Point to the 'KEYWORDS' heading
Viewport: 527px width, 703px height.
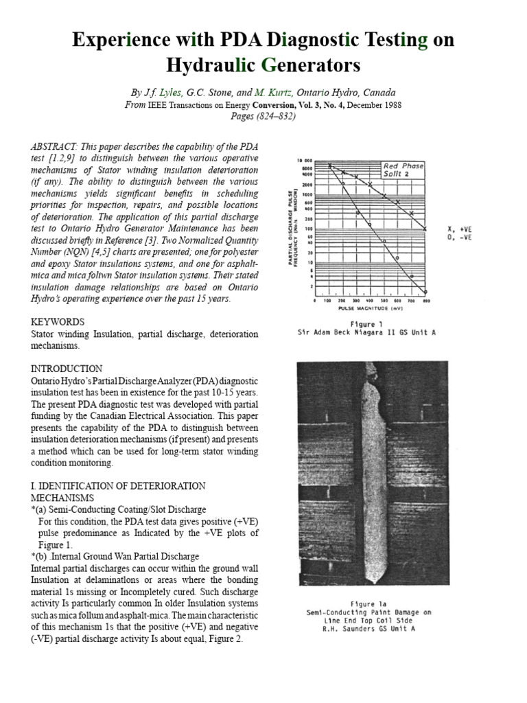(x=58, y=321)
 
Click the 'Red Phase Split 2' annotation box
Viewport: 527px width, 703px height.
(x=403, y=170)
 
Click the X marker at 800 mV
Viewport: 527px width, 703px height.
(x=425, y=228)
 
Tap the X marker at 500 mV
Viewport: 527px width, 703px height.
(x=384, y=196)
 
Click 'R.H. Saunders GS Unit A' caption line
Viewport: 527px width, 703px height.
(x=368, y=628)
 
